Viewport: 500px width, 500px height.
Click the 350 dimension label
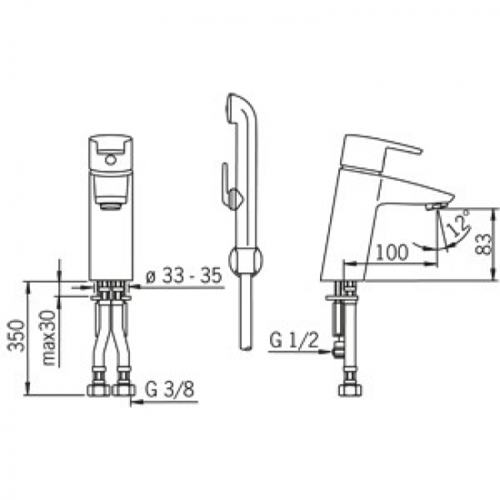point(16,335)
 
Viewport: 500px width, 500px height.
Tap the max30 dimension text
point(49,338)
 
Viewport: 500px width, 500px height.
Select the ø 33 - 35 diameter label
point(184,275)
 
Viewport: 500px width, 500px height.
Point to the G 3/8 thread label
point(169,389)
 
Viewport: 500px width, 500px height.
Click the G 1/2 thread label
point(294,340)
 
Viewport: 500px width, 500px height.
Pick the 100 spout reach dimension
point(392,252)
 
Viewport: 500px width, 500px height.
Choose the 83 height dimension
point(483,244)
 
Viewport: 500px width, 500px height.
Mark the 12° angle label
point(457,223)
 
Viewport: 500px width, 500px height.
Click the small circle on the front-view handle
point(110,159)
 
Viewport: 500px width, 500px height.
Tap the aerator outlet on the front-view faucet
point(110,206)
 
